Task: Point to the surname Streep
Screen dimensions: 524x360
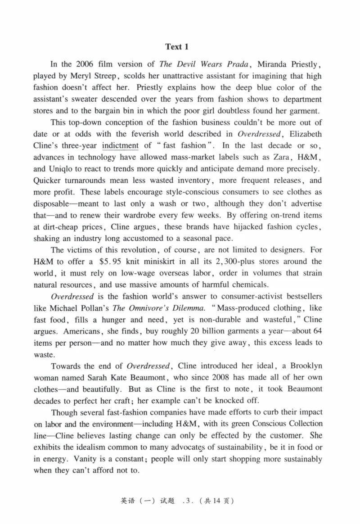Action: click(x=104, y=76)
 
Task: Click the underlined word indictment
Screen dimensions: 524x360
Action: click(x=120, y=145)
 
